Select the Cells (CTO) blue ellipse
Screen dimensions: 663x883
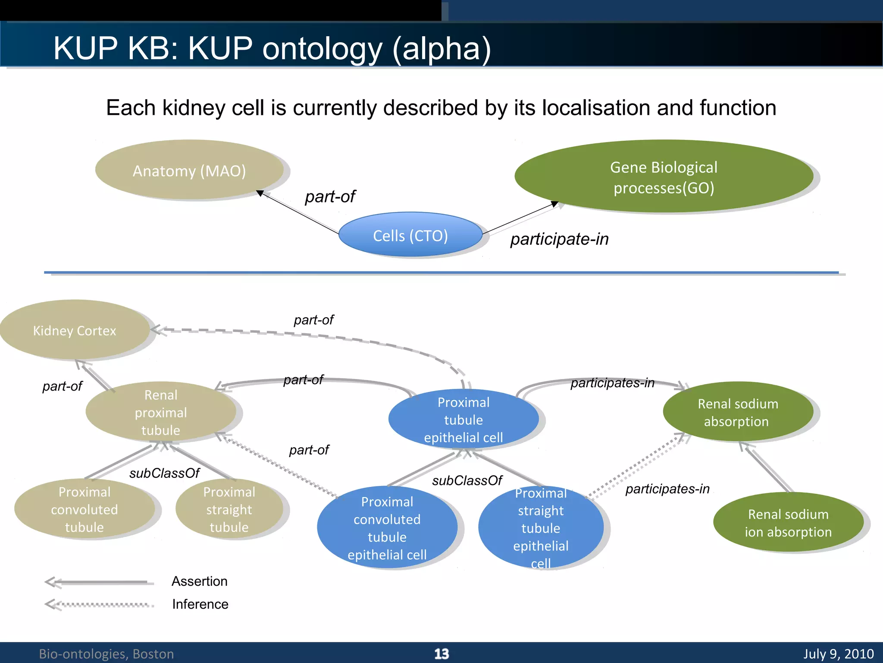click(410, 236)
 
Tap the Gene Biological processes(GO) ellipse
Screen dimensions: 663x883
click(664, 177)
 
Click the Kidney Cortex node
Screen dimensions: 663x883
click(75, 331)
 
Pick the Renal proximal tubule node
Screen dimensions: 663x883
click(161, 412)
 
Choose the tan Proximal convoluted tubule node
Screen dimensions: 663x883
click(85, 509)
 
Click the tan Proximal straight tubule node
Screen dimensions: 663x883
click(229, 509)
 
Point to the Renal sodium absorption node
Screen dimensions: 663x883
click(738, 412)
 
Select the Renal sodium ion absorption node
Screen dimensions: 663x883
click(788, 523)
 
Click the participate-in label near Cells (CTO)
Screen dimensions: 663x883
click(559, 239)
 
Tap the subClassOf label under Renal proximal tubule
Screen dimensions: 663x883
click(164, 473)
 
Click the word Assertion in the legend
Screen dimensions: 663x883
click(199, 581)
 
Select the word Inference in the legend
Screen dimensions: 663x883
click(200, 604)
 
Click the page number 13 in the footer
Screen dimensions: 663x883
click(441, 654)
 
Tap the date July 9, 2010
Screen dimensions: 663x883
click(838, 654)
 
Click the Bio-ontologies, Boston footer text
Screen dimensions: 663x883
click(106, 654)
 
